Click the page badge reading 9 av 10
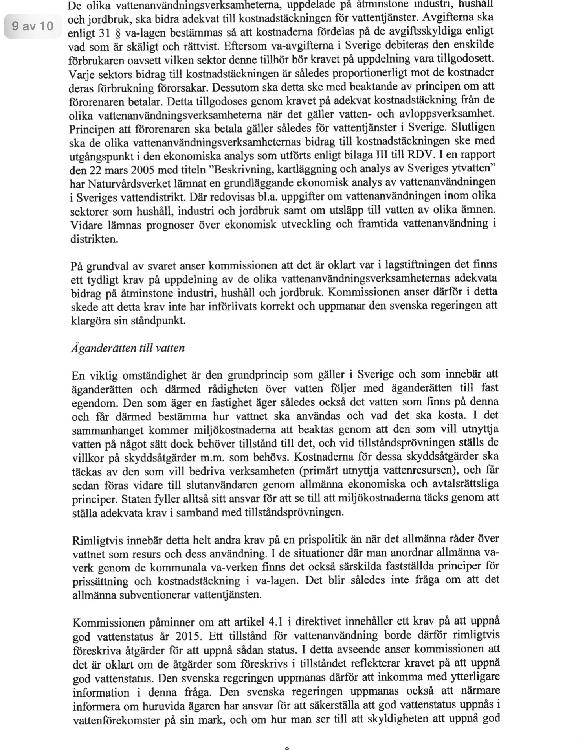coord(33,26)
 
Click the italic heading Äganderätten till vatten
coord(128,348)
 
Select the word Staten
coord(136,499)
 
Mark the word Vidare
coord(85,225)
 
